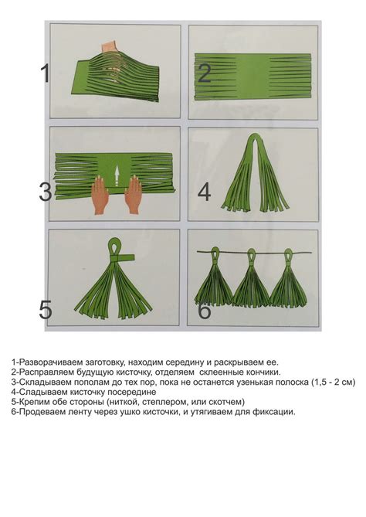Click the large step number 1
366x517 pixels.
45,73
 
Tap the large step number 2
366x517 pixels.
205,73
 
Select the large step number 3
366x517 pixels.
45,192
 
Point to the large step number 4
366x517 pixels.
205,192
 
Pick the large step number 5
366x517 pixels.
45,310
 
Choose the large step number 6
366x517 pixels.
205,310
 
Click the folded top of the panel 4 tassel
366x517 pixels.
255,138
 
